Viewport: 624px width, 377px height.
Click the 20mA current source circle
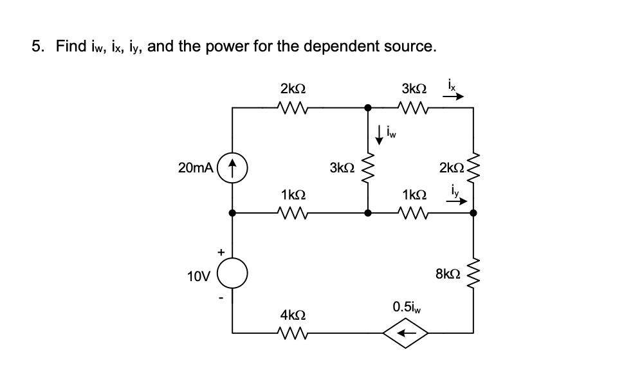point(232,168)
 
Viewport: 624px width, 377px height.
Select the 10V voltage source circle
point(232,277)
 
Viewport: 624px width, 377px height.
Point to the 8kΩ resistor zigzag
point(474,275)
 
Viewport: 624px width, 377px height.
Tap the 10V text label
point(198,277)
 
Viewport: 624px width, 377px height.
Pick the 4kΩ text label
point(293,315)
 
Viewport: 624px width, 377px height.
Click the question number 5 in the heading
point(39,46)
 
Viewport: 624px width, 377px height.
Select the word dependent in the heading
point(354,46)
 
